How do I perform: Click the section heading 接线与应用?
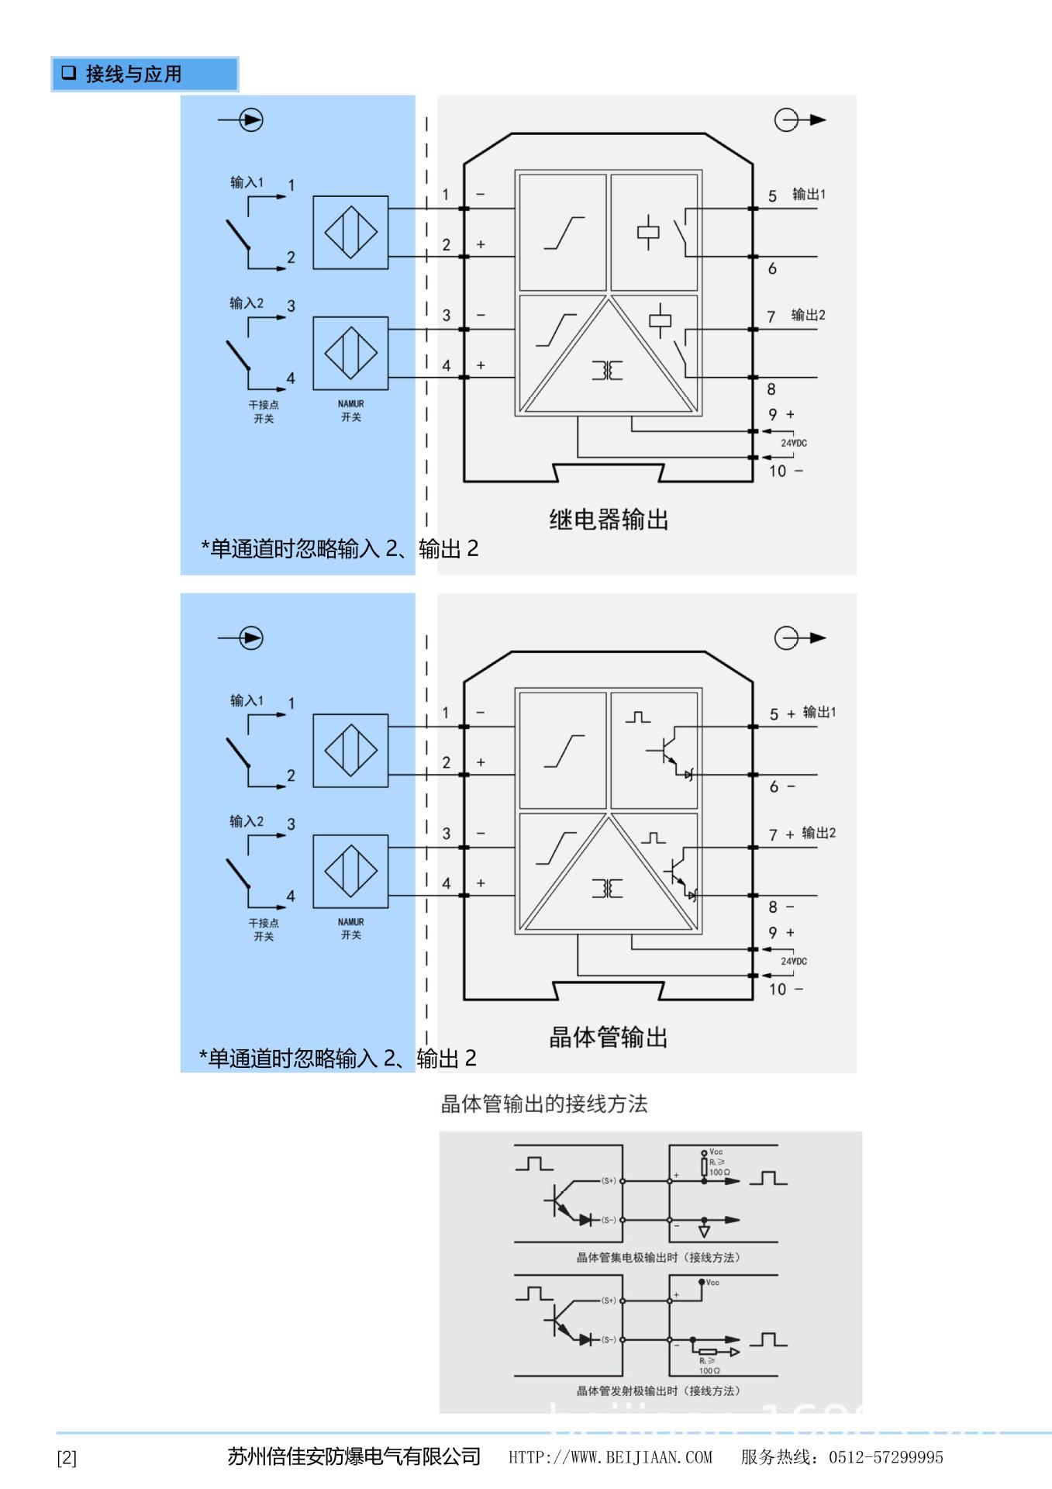pos(133,74)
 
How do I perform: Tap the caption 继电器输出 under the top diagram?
pos(609,520)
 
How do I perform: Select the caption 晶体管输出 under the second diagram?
pos(609,1037)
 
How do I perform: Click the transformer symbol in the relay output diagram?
pos(608,371)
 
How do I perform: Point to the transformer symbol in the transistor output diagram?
pos(608,889)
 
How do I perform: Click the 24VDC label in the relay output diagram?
pos(793,443)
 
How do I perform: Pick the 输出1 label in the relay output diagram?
pos(809,194)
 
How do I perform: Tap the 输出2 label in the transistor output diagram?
pos(819,833)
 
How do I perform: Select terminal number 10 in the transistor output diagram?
pos(777,990)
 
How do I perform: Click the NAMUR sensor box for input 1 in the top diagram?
pos(350,233)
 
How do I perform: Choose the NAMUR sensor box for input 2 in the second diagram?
pos(350,871)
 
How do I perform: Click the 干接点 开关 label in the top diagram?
pos(264,412)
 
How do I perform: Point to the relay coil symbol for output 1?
pos(648,231)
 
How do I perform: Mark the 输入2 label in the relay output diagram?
pos(247,303)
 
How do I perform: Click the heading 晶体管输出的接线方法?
pos(543,1104)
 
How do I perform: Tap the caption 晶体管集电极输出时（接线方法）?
pos(658,1257)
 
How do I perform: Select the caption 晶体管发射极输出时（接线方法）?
pos(658,1391)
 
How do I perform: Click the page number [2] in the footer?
pos(67,1458)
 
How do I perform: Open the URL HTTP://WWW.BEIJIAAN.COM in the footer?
pos(610,1457)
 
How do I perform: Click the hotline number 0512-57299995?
pos(885,1457)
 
